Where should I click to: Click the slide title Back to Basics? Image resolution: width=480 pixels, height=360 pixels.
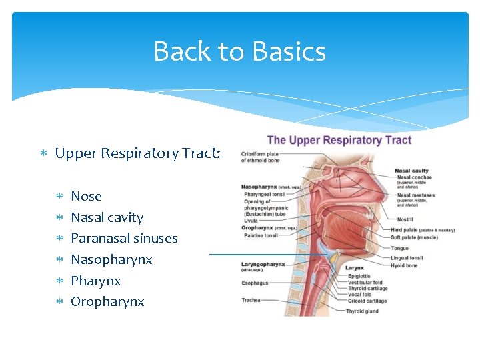click(x=239, y=51)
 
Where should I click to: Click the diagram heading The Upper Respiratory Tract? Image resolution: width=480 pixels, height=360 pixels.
click(x=339, y=140)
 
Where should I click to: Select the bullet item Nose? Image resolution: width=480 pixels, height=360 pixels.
click(x=86, y=196)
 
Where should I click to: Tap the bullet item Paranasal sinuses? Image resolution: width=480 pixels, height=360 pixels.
click(x=124, y=238)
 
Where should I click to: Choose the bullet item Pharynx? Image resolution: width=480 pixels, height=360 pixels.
click(x=95, y=281)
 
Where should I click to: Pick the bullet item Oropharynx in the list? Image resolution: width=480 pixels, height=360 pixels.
click(x=107, y=301)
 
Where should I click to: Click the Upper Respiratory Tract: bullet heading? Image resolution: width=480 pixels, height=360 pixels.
click(x=138, y=153)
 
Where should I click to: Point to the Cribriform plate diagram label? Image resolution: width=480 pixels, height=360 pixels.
click(x=260, y=155)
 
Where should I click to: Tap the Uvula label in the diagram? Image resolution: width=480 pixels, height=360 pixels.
click(x=250, y=221)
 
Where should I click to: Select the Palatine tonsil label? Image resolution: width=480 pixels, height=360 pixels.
click(x=261, y=235)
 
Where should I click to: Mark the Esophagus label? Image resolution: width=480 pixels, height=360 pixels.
click(x=255, y=283)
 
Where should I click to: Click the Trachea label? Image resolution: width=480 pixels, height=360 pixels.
click(x=251, y=300)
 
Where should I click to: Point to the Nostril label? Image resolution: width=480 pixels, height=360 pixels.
click(x=405, y=219)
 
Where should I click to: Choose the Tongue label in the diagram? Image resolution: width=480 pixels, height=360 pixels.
click(x=399, y=248)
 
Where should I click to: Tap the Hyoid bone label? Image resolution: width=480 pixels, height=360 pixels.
click(x=404, y=265)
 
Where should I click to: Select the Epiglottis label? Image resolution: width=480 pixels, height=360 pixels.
click(x=358, y=276)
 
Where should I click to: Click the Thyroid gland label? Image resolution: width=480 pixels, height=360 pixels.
click(x=362, y=311)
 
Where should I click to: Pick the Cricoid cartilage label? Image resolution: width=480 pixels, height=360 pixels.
click(x=367, y=301)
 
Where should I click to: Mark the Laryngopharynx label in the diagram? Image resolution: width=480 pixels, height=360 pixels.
click(x=263, y=264)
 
